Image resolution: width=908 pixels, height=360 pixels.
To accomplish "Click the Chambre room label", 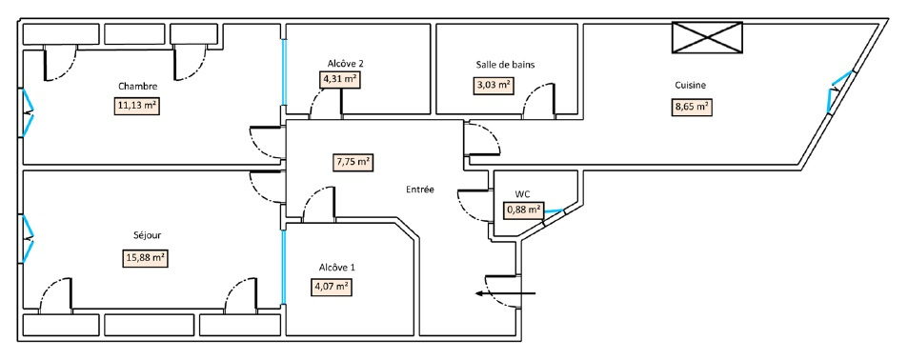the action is click(x=137, y=87).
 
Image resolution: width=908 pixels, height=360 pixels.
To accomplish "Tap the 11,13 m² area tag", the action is click(x=137, y=107).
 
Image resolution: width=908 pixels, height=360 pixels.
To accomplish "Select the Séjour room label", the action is click(x=143, y=235).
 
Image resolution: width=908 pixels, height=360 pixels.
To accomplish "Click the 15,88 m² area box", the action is click(x=146, y=257).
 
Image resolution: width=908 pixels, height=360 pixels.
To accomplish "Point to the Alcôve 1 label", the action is click(x=336, y=268).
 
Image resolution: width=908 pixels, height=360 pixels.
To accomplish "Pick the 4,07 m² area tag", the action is click(x=332, y=287).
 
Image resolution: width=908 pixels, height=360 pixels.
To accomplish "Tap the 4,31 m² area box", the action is click(x=339, y=80).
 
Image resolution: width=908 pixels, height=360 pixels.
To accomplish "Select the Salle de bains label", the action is click(x=505, y=65).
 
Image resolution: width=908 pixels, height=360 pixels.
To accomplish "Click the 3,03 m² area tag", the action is click(x=494, y=86).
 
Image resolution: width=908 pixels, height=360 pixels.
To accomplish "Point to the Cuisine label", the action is click(x=690, y=86).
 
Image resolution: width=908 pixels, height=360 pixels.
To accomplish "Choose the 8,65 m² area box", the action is click(x=691, y=109).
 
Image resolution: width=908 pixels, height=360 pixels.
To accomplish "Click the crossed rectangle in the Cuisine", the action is click(x=707, y=38).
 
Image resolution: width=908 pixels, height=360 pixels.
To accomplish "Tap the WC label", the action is click(x=522, y=194).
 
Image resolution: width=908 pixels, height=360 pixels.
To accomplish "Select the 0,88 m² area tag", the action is click(x=524, y=210).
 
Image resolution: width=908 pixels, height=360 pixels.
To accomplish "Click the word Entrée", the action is click(x=420, y=190).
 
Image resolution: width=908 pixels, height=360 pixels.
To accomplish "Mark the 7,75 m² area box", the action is click(x=353, y=163).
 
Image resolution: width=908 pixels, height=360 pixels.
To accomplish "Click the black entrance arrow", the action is click(x=506, y=293).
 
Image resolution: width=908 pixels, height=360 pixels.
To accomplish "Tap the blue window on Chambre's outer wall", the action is click(x=28, y=113).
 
